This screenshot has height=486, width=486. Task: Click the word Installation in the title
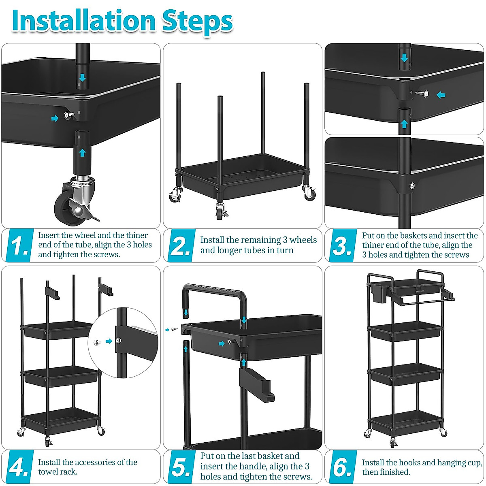[83, 21]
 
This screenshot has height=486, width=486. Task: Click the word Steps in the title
[197, 23]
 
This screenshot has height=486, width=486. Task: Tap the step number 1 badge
[19, 245]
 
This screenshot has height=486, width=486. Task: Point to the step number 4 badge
[19, 467]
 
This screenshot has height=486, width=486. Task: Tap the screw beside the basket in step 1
[68, 115]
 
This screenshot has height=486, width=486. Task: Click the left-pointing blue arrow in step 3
[441, 95]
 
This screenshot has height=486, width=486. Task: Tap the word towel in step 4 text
[49, 472]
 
